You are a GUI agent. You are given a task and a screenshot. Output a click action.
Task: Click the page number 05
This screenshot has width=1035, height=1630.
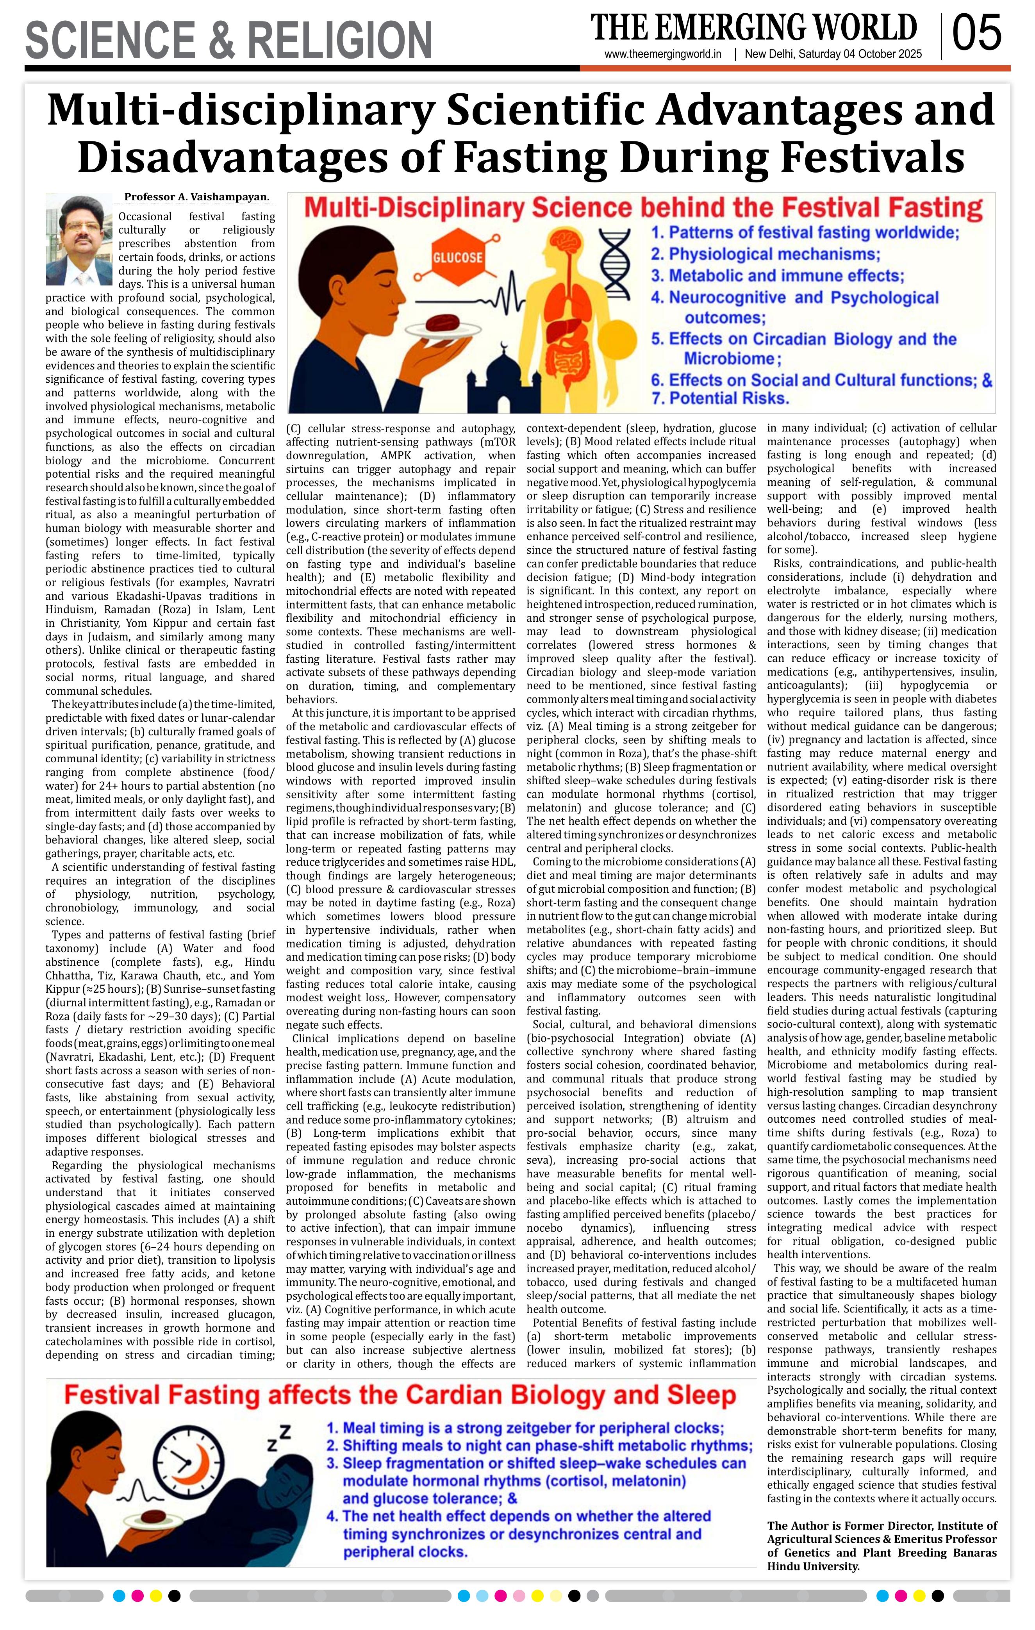coord(976,34)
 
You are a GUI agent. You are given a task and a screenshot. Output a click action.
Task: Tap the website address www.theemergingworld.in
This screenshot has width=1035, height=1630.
coord(663,55)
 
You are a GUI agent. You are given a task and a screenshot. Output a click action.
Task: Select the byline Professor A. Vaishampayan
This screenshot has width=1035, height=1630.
coord(196,198)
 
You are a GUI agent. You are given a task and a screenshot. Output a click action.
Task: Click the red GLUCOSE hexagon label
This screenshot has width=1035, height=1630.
coord(458,257)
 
